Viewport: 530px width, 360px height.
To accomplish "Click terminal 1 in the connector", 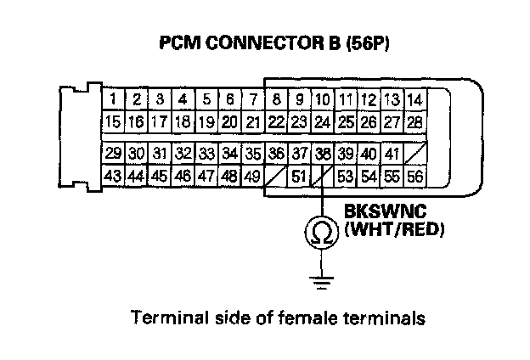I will click(x=113, y=99).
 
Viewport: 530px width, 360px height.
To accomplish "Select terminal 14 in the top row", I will click(x=414, y=99).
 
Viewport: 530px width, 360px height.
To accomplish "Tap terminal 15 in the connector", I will click(x=113, y=122).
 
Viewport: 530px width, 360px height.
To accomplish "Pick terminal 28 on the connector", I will click(x=414, y=122).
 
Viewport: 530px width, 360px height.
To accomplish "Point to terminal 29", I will click(x=113, y=154).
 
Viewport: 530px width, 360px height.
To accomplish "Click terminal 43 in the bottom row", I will click(x=113, y=176).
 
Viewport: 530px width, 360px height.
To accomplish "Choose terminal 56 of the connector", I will click(x=414, y=176).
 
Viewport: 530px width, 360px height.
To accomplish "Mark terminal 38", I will click(x=322, y=154).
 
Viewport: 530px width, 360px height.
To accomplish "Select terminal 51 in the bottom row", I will click(x=298, y=176).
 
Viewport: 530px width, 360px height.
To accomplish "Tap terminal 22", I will click(x=275, y=122).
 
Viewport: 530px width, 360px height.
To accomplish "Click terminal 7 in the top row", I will click(x=252, y=99).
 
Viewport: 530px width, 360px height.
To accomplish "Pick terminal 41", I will click(x=392, y=154).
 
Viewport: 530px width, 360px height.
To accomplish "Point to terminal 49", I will click(x=252, y=176).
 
